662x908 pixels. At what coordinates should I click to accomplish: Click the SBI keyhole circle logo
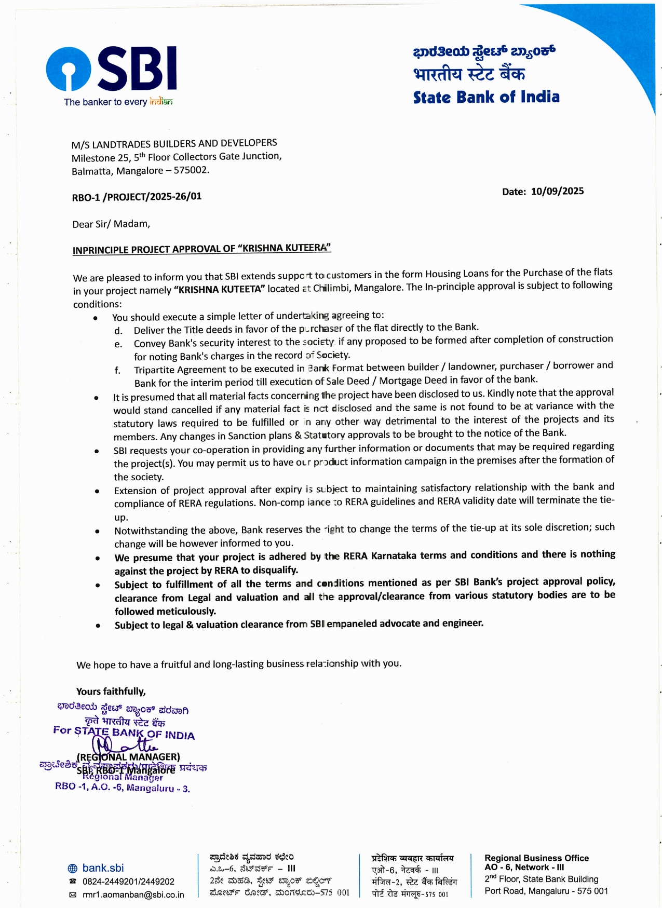tap(69, 69)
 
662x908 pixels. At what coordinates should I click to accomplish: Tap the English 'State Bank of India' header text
tap(486, 97)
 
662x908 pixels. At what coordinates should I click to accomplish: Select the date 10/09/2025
tap(557, 191)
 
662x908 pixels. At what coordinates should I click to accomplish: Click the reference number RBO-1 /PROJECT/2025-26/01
tap(137, 197)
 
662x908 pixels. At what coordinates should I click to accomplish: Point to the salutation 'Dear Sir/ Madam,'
tap(111, 224)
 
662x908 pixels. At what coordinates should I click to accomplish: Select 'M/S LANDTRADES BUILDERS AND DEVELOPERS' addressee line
tap(174, 143)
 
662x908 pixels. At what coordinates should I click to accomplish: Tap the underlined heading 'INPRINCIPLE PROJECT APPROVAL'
tap(201, 249)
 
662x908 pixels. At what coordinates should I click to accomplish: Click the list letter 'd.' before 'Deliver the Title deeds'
tap(118, 331)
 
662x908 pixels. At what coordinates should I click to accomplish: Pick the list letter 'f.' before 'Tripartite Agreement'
tap(118, 370)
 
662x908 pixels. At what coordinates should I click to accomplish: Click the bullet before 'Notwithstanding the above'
tap(97, 531)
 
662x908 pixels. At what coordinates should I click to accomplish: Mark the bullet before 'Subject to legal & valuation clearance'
tap(98, 626)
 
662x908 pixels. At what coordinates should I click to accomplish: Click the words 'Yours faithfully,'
tap(111, 692)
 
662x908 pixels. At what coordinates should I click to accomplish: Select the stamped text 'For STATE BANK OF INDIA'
tap(124, 733)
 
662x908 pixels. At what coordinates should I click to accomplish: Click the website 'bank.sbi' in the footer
tap(103, 868)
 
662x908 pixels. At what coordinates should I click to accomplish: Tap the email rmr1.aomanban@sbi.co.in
tap(133, 895)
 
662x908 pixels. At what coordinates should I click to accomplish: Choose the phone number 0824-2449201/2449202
tap(128, 882)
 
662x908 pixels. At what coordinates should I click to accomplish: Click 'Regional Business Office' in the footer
tap(536, 858)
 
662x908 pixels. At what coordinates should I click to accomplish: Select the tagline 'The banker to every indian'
tap(118, 102)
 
